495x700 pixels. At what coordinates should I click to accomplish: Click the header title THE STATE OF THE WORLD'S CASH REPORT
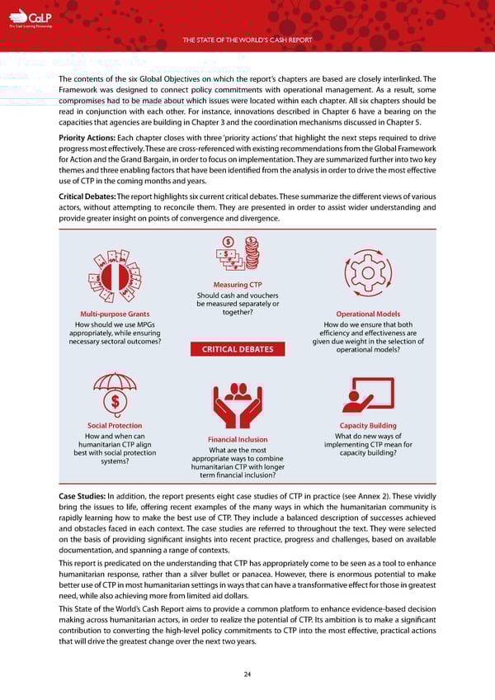[x=247, y=38]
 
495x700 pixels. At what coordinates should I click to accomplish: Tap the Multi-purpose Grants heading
[x=115, y=315]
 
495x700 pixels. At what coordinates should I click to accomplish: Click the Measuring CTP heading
[x=238, y=285]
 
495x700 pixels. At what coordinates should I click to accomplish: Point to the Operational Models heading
[x=368, y=315]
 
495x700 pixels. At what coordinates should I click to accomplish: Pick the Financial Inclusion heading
[x=237, y=439]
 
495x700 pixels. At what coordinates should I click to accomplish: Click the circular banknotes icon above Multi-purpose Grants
[x=116, y=275]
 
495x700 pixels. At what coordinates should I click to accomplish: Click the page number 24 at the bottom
[x=247, y=674]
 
